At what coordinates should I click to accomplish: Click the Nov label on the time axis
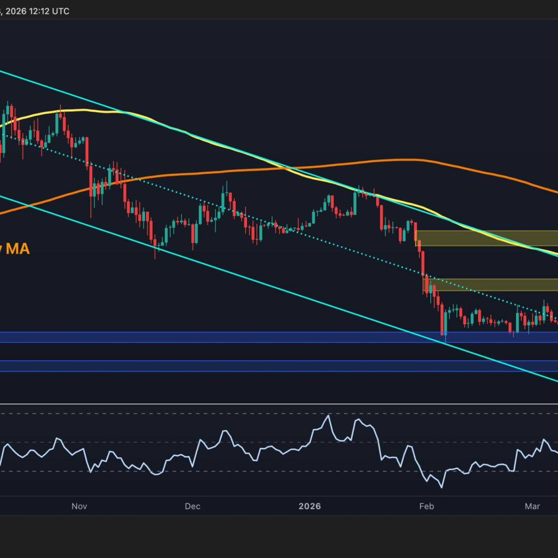point(80,506)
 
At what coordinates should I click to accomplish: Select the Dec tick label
point(192,506)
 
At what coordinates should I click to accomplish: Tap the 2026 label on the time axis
point(310,506)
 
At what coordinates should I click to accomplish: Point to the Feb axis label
point(426,506)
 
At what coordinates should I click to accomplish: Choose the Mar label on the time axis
point(532,506)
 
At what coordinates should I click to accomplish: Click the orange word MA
point(18,249)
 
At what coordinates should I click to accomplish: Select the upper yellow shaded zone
point(486,238)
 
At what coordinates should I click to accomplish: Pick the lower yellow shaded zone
point(491,285)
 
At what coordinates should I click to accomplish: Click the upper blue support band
point(279,337)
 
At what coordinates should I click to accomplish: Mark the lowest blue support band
point(279,366)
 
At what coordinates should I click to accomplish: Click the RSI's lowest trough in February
point(441,486)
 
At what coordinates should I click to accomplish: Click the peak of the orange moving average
point(400,160)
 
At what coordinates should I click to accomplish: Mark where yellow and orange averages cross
point(290,168)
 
